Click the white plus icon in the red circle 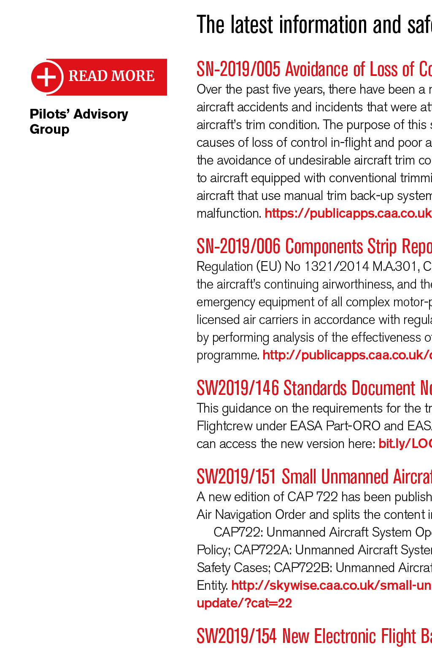(x=46, y=77)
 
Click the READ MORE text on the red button (x=111, y=76)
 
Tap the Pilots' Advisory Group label (x=78, y=121)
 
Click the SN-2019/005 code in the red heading (x=238, y=69)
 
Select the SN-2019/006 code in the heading (x=238, y=246)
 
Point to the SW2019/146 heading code (x=238, y=388)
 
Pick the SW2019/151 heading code (x=236, y=477)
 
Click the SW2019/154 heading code (x=237, y=636)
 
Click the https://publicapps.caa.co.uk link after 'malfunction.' (x=348, y=213)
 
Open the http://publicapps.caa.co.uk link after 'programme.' (x=347, y=355)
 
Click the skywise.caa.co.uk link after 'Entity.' (x=331, y=586)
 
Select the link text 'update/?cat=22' (x=244, y=603)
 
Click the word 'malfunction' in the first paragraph (x=228, y=213)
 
